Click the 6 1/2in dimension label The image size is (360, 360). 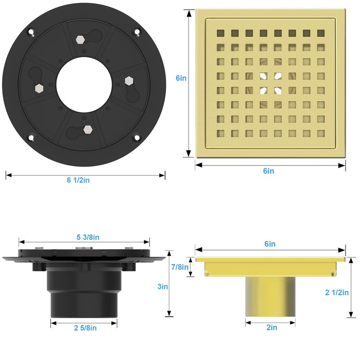point(78,180)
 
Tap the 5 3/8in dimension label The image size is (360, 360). point(88,237)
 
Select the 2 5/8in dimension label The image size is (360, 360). point(85,328)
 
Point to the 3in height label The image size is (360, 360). point(162,287)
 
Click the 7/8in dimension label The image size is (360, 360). point(180,267)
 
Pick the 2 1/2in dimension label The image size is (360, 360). point(337,292)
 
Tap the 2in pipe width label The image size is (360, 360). point(272,328)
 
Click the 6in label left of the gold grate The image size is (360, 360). point(181,78)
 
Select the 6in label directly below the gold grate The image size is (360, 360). point(268,171)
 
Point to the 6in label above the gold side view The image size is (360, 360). point(270,244)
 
